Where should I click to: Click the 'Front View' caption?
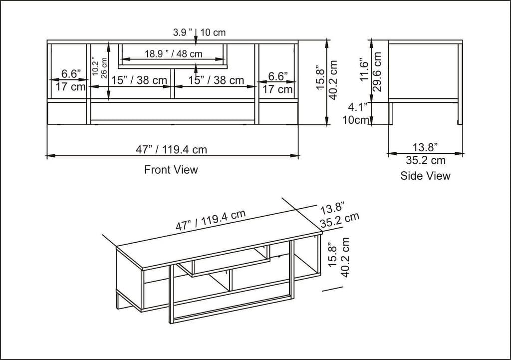(171, 170)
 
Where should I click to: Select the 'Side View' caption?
(425, 176)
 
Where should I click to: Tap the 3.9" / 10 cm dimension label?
(199, 32)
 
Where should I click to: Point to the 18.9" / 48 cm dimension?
(173, 54)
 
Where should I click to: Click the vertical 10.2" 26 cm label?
(100, 66)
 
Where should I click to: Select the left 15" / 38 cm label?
(139, 80)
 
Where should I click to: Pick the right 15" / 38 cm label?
(216, 80)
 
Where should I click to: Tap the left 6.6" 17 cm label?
(70, 80)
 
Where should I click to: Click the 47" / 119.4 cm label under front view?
(171, 149)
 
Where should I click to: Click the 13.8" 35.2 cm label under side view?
(425, 154)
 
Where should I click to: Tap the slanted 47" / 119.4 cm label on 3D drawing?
(211, 220)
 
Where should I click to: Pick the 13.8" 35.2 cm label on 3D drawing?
(339, 214)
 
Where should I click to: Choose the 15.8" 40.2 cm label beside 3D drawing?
(340, 257)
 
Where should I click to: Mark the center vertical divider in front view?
(172, 84)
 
